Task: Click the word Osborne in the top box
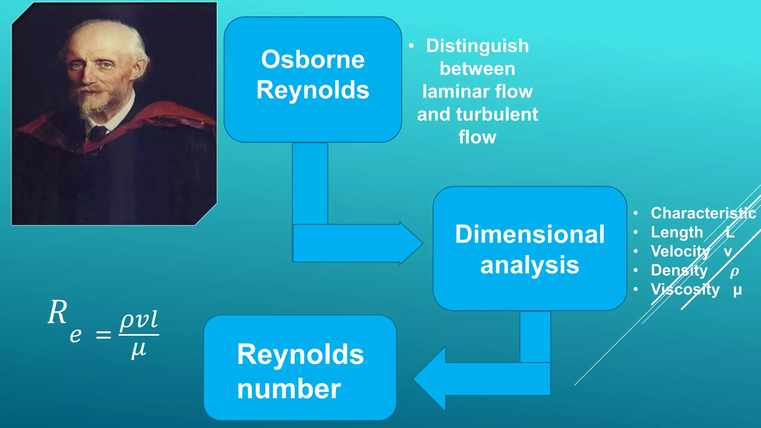point(313,59)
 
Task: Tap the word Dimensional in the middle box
point(530,234)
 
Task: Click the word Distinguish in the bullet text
point(477,46)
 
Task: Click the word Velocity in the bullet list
point(680,252)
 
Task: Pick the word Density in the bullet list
point(679,270)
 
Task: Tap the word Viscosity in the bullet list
point(685,289)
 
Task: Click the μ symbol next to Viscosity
point(737,290)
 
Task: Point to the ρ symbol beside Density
point(734,272)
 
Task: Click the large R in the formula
point(58,313)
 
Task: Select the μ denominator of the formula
point(139,350)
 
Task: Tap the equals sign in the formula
point(103,335)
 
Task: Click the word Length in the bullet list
point(677,233)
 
